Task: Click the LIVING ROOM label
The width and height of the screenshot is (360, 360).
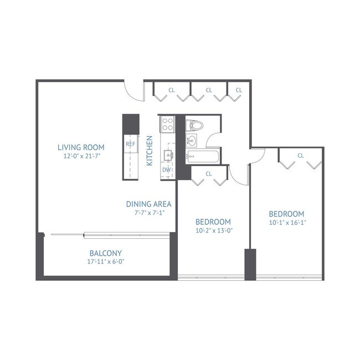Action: click(81, 147)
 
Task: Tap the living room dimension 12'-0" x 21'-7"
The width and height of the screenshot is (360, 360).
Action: click(81, 156)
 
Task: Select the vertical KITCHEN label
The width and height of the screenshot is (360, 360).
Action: click(150, 151)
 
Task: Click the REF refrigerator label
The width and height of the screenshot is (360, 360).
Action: click(131, 144)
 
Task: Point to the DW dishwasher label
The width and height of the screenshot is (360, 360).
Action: click(166, 169)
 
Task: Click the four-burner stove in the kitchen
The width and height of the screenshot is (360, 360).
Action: click(167, 124)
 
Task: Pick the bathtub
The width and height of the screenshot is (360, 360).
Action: click(203, 156)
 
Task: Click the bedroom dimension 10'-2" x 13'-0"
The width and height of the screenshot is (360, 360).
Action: click(213, 231)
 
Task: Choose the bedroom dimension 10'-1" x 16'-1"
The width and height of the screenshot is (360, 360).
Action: click(286, 223)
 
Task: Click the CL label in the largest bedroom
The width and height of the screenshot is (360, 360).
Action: click(300, 156)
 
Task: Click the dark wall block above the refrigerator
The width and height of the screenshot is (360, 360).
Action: click(131, 123)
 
